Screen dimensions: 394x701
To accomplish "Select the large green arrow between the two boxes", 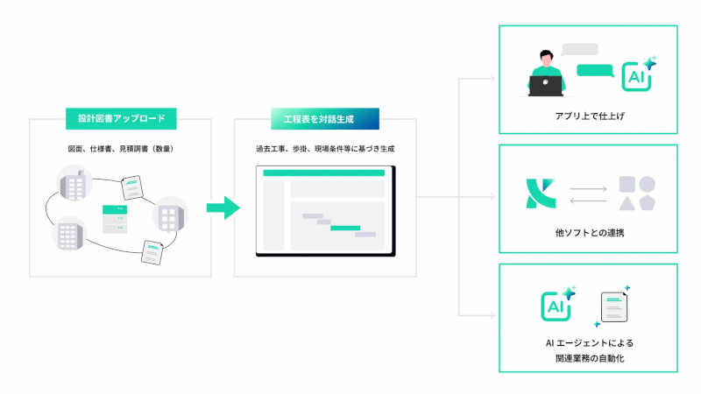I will click(223, 208).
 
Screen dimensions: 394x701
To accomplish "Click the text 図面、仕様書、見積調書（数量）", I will click(121, 149).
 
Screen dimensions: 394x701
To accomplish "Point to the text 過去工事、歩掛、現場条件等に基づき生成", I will click(325, 149).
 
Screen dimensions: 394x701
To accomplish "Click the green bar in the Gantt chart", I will click(345, 228).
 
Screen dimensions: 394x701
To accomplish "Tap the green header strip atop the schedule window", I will click(324, 173).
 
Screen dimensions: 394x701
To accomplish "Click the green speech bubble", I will click(595, 71).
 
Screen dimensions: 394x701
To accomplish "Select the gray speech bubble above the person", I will click(579, 49).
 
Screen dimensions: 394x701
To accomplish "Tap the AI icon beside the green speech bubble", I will click(636, 76).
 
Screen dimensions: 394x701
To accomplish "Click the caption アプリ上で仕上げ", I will click(588, 116).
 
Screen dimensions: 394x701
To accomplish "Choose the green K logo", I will click(535, 194).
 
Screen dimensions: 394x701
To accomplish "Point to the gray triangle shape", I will click(627, 203).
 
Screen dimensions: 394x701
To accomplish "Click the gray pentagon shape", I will click(648, 203).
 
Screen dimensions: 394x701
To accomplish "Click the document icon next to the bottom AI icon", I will click(614, 308).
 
